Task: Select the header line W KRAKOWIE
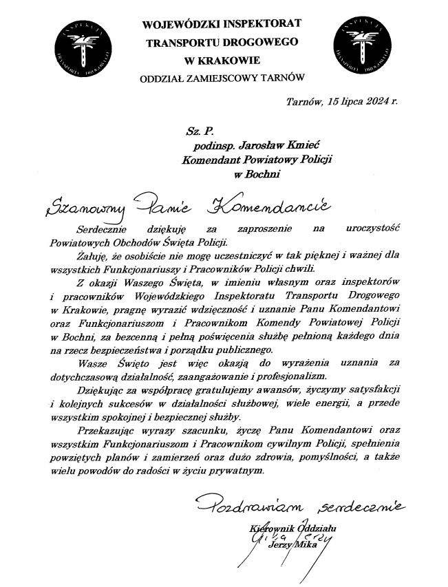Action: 221,59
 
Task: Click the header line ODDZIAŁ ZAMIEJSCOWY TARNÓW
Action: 221,77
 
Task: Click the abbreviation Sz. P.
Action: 197,129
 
